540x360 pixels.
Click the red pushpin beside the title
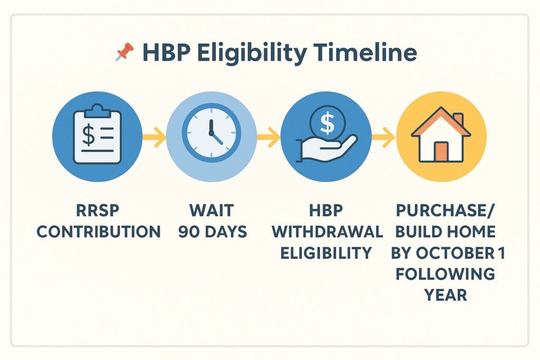click(124, 52)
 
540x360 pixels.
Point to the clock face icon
click(211, 133)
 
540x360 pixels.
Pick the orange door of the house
click(441, 152)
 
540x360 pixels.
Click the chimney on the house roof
click(458, 120)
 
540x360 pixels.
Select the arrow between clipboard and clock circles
click(154, 137)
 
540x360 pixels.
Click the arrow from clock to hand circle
click(268, 137)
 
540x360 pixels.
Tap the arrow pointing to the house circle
click(383, 137)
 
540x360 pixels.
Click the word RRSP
click(98, 210)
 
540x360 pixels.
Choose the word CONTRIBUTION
click(99, 231)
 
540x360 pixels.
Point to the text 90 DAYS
click(213, 231)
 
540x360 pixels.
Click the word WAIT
click(211, 210)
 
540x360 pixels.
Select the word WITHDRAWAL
click(327, 231)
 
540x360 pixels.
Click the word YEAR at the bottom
click(446, 295)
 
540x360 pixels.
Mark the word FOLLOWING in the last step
click(445, 274)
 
